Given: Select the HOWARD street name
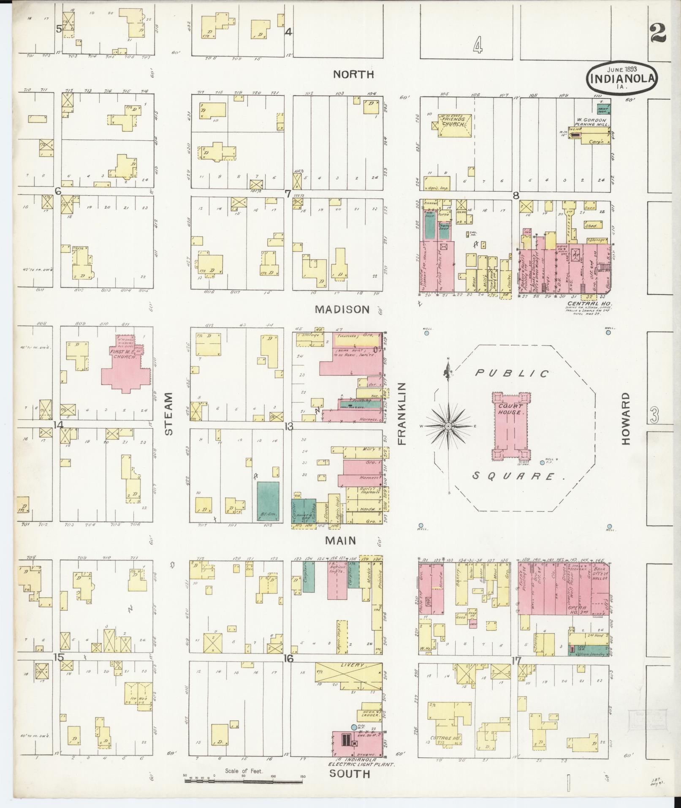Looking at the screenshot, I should coord(625,418).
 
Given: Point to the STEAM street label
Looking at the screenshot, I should coord(168,414).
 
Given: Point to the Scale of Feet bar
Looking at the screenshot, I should coord(244,781).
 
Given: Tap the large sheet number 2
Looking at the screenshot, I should coord(658,33).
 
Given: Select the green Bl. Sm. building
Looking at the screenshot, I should coord(268,501).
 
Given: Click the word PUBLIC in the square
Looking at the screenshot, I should coord(513,373).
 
